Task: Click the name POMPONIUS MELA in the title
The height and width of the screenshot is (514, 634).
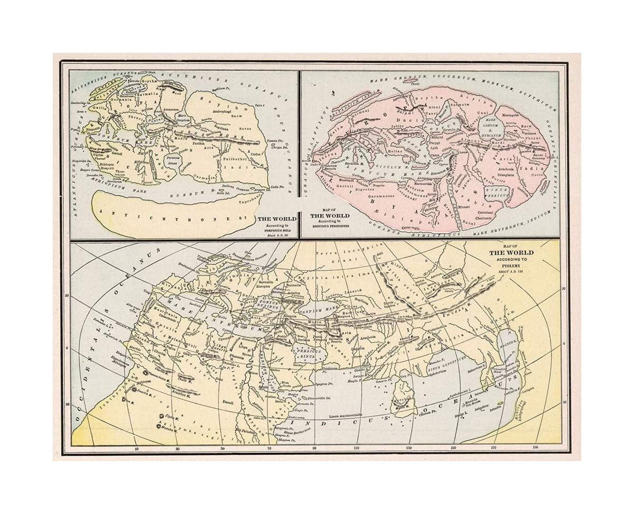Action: pyautogui.click(x=276, y=231)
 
